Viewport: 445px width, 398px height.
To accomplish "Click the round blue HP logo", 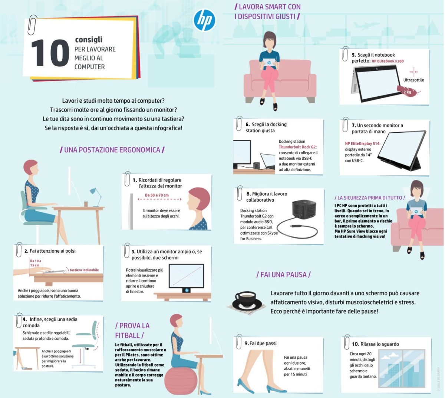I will pos(204,20).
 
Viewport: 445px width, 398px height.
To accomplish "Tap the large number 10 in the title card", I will pos(50,53).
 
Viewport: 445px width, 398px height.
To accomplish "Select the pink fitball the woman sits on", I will pos(181,380).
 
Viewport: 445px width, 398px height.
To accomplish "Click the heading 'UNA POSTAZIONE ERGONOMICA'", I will pos(112,150).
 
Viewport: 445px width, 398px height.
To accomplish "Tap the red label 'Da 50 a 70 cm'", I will pos(156,195).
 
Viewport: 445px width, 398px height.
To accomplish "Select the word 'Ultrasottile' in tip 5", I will pos(413,80).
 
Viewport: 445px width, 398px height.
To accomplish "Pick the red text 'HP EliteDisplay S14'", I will pos(362,144).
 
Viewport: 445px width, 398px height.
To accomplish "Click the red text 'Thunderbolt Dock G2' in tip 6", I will pos(297,147).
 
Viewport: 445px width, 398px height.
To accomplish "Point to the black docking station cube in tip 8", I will pos(304,213).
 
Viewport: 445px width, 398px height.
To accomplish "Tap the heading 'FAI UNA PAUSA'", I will pos(283,275).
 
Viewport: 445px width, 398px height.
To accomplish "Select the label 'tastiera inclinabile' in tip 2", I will pos(84,270).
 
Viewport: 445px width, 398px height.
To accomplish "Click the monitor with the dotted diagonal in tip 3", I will pos(186,276).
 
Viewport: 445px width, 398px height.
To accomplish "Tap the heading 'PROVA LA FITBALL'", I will pos(132,330).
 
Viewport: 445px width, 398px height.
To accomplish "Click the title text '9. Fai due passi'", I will pos(261,344).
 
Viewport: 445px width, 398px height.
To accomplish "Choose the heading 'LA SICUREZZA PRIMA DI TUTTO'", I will pos(369,198).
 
